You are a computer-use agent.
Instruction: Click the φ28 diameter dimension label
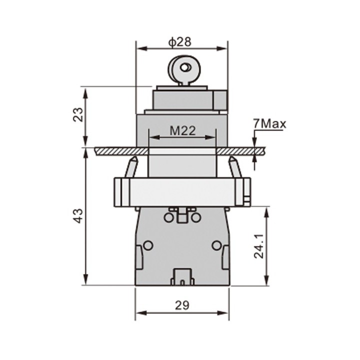click(180, 42)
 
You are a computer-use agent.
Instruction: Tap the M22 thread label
click(182, 130)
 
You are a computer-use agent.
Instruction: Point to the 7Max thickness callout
click(269, 123)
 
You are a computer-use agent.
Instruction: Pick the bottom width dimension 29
click(182, 305)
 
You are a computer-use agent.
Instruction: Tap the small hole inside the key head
click(185, 67)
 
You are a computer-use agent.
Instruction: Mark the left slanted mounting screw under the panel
click(131, 166)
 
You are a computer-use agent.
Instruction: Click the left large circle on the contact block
click(148, 245)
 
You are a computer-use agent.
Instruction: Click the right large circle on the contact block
click(216, 245)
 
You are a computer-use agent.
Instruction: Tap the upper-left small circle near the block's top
click(168, 217)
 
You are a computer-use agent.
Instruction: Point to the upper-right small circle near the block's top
click(196, 217)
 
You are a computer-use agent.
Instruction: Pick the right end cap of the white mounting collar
click(246, 191)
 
